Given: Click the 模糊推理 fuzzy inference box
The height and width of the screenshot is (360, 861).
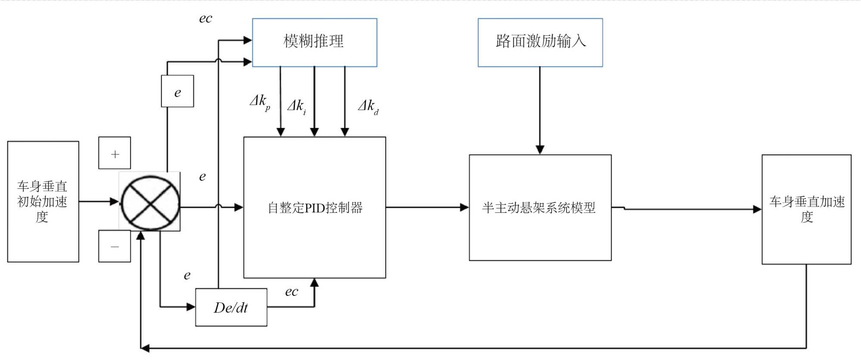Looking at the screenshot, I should point(314,42).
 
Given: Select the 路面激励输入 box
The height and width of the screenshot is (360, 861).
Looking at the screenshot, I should point(540,42).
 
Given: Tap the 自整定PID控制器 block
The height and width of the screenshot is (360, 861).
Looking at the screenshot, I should point(314,208).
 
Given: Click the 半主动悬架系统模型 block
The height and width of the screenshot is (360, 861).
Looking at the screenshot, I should point(540,208).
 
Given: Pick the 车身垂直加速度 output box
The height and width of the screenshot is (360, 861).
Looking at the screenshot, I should point(806,209).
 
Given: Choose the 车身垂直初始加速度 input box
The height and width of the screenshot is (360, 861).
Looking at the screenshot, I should point(43,202).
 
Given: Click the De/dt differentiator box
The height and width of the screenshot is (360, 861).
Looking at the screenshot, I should point(231,307).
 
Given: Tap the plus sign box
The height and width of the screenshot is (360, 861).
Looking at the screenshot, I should point(115,153).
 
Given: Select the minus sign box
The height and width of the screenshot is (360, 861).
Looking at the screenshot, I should point(115,246).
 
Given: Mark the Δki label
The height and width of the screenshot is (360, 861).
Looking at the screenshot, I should point(297,106).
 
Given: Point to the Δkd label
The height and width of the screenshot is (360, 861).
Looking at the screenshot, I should point(368,106).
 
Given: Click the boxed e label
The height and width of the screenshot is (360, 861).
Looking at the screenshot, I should point(177,91).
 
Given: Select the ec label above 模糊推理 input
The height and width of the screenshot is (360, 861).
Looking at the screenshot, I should point(205,19).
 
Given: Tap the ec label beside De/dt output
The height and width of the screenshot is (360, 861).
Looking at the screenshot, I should point(291,292).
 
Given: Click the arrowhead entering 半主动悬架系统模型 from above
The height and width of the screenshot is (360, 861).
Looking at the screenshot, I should point(540,150).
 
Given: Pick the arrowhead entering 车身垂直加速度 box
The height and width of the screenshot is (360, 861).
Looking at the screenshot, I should point(757,209).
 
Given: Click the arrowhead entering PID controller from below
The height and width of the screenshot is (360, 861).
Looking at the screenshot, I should point(315,282).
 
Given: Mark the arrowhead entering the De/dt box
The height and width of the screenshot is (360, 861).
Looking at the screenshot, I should point(191,307).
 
